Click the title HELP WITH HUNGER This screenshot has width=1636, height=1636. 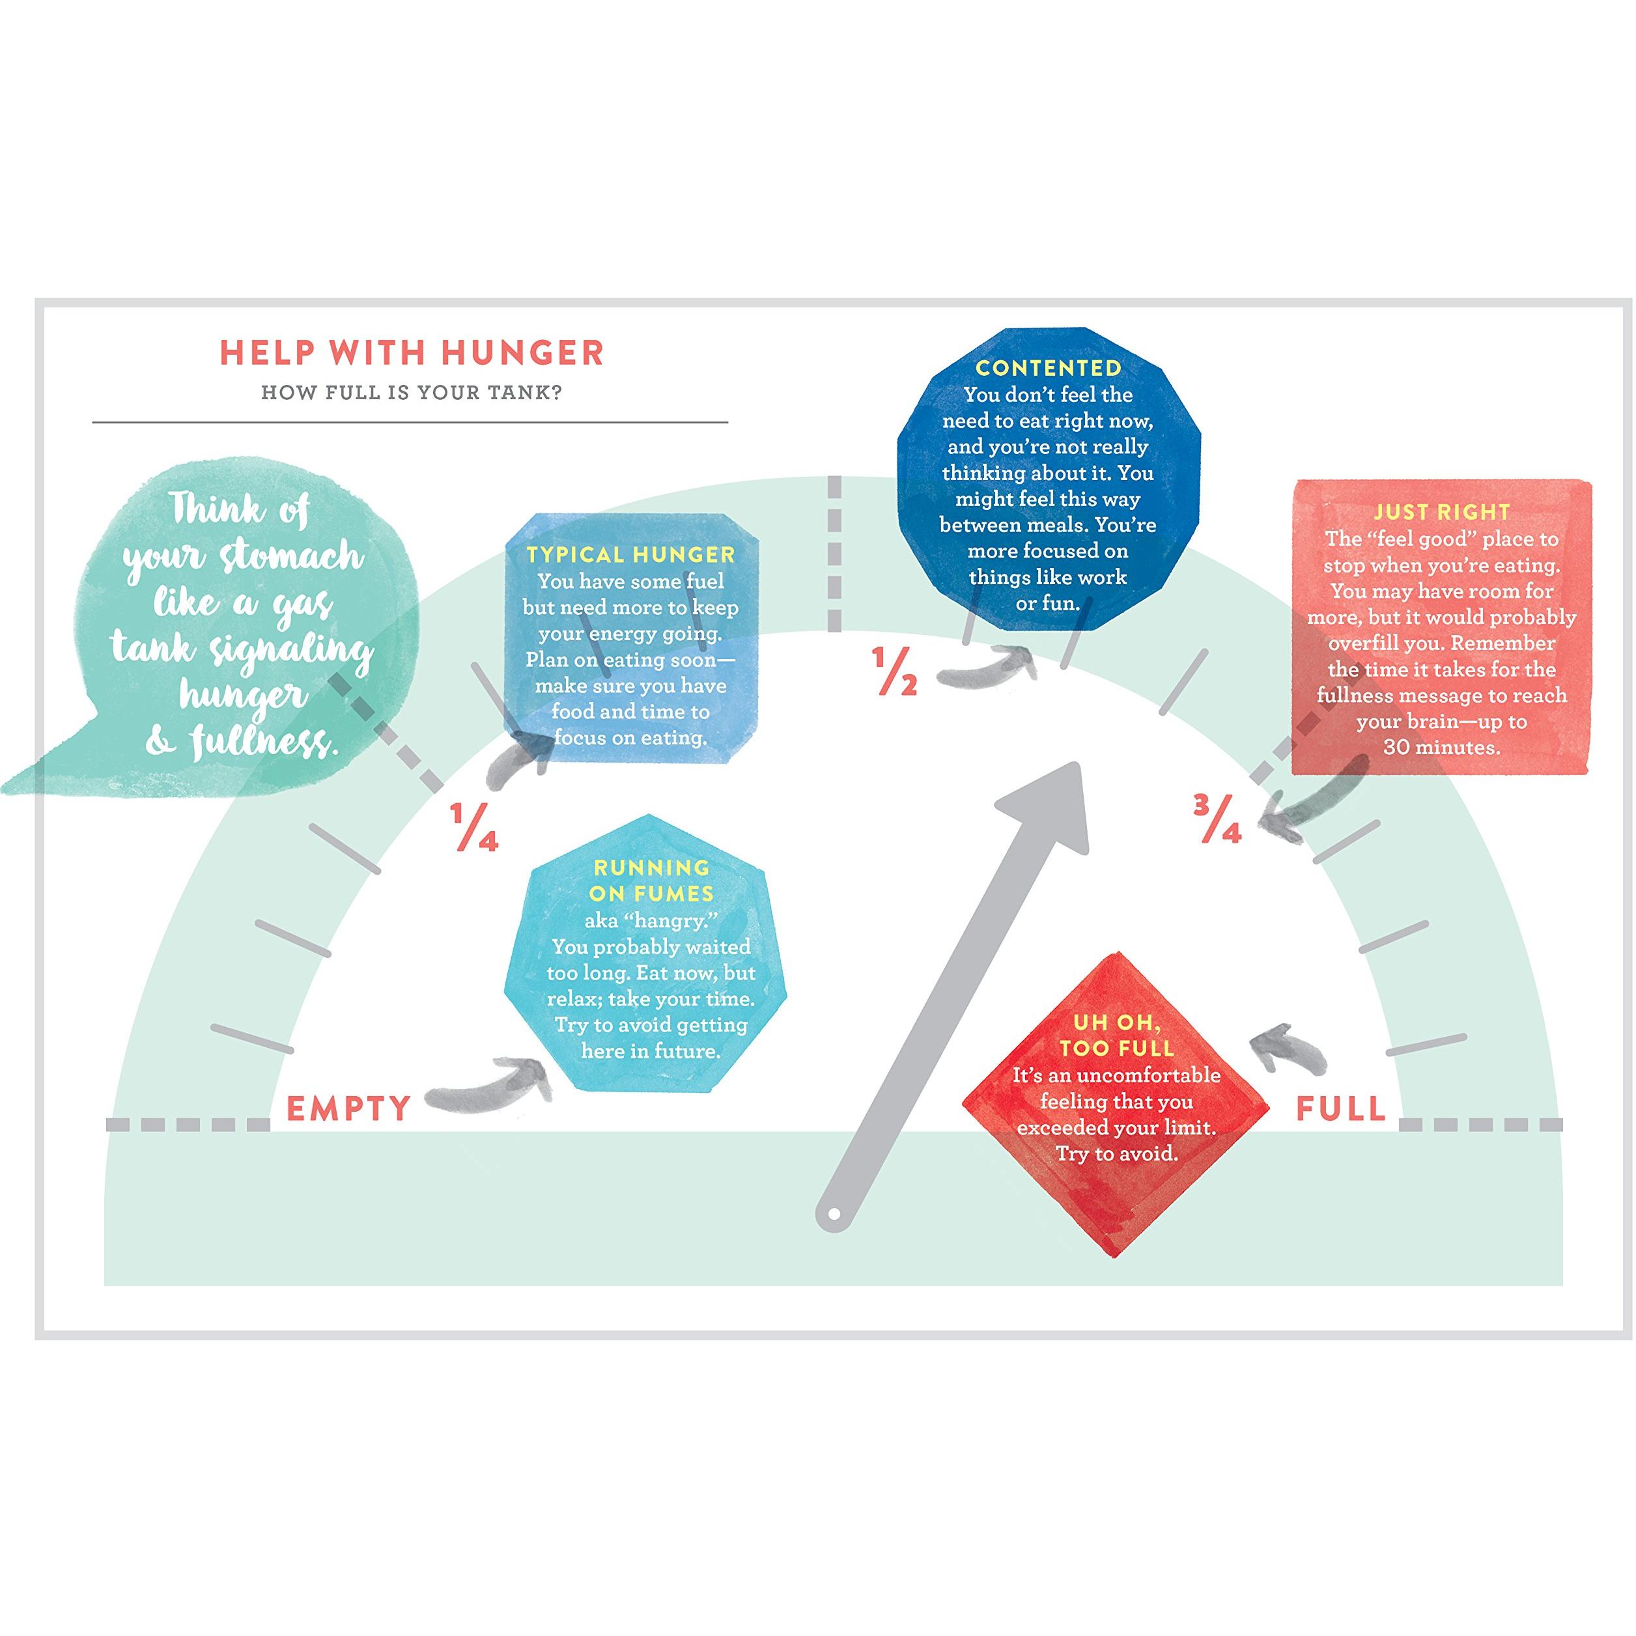(412, 353)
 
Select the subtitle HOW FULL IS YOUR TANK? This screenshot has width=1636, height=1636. (412, 393)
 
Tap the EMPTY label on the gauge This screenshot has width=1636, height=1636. (349, 1108)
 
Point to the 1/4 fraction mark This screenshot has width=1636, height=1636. (474, 826)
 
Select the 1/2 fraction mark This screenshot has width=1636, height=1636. (895, 671)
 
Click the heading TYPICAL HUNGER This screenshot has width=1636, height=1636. (631, 555)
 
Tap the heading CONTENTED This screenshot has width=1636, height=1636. (1049, 369)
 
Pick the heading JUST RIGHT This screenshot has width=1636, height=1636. (1442, 513)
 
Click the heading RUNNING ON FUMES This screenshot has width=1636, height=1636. (651, 881)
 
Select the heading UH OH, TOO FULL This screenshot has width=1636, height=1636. (1116, 1036)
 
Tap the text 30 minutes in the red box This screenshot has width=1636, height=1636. (1442, 748)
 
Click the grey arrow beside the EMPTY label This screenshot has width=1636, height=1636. (490, 1086)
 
